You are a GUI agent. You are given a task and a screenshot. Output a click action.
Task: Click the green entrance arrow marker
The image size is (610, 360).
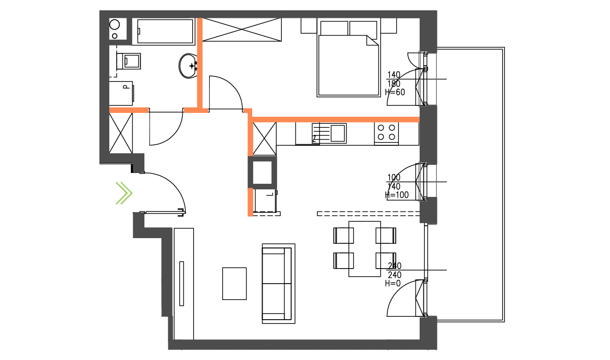[124, 193]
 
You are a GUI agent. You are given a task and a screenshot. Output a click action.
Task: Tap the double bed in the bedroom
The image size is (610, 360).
[348, 63]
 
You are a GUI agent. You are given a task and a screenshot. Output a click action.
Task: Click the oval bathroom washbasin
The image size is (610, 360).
[188, 66]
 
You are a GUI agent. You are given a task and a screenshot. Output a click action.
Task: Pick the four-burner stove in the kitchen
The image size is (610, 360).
[386, 132]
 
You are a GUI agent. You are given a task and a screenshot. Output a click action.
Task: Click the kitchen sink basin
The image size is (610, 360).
[338, 133]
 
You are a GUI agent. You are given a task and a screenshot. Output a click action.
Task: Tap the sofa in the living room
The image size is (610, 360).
[278, 283]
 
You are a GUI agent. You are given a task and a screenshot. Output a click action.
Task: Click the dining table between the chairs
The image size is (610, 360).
[365, 248]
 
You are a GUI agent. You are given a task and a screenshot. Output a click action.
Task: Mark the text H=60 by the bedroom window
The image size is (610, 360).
[395, 92]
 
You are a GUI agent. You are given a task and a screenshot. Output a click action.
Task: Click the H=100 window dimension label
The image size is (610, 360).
[397, 195]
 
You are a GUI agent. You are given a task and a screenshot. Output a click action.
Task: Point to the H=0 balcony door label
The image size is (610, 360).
[393, 284]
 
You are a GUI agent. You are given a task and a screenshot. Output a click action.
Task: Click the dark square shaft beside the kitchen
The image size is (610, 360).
[262, 172]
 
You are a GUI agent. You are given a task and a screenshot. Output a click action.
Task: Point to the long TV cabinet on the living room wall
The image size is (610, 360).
[183, 283]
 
